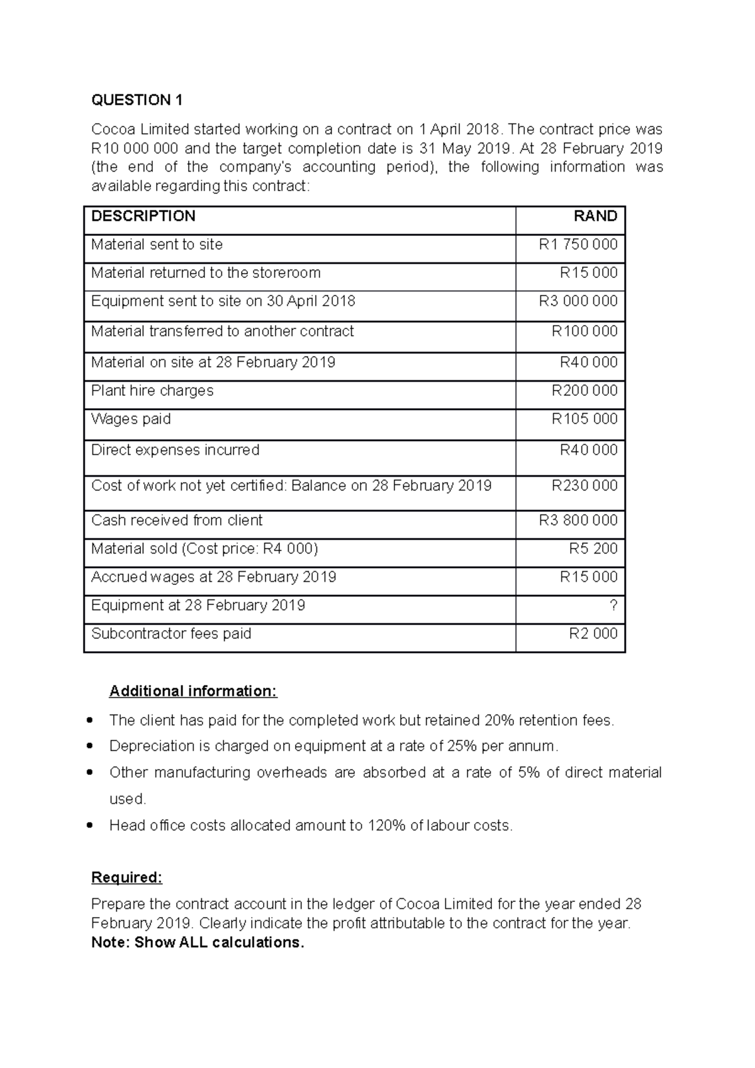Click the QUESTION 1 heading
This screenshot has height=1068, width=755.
[x=137, y=100]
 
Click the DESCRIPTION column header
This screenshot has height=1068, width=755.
[x=143, y=216]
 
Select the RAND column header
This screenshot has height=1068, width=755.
[x=595, y=216]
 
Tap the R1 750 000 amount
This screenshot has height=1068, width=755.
[x=578, y=245]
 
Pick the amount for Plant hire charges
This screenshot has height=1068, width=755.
[x=584, y=391]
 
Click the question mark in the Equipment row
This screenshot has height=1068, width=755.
[x=613, y=605]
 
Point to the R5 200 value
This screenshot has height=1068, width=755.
[x=593, y=548]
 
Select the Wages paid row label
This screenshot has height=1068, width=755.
[x=131, y=419]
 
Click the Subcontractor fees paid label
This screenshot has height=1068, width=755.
[x=171, y=633]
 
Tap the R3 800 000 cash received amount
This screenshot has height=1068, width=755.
[x=578, y=520]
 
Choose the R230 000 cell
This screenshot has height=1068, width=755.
[x=584, y=486]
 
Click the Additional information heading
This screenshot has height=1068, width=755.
[x=193, y=691]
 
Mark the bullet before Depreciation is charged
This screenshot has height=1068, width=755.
[x=92, y=746]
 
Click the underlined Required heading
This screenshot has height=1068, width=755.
[x=126, y=877]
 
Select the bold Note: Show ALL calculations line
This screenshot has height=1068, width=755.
[x=198, y=942]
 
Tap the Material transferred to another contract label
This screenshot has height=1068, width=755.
[x=222, y=331]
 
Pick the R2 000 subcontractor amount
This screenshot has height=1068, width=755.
[x=593, y=633]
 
